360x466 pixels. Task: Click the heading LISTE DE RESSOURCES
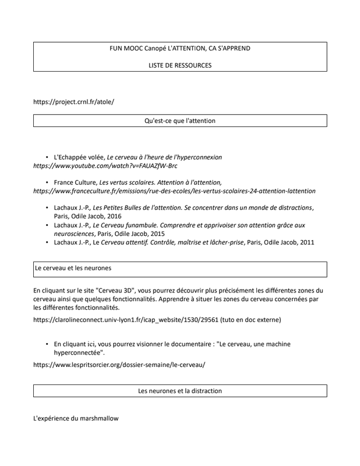[179, 65]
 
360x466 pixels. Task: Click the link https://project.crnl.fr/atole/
[73, 101]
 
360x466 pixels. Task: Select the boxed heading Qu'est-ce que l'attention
[179, 121]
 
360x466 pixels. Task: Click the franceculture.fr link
[174, 190]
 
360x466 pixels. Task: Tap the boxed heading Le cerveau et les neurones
[73, 269]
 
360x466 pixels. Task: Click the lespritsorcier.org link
[119, 365]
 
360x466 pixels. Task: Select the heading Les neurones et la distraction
[179, 390]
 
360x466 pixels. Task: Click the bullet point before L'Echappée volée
[47, 157]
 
